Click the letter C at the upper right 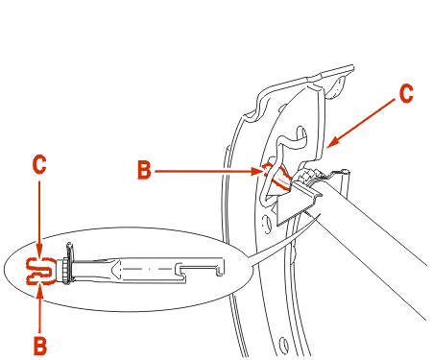click(x=406, y=93)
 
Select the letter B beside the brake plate click(x=144, y=170)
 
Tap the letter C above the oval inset click(x=39, y=165)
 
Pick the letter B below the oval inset click(x=40, y=346)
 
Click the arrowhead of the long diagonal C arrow click(x=332, y=142)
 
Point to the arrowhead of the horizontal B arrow click(x=257, y=171)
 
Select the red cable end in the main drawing click(x=276, y=178)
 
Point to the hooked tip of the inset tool click(x=220, y=268)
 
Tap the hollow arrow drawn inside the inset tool click(x=115, y=269)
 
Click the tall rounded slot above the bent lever click(x=302, y=137)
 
